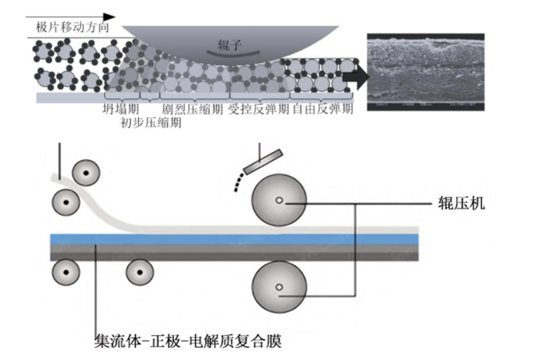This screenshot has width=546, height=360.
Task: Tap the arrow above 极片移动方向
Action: pyautogui.click(x=72, y=17)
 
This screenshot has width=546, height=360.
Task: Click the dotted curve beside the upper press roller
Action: pyautogui.click(x=240, y=179)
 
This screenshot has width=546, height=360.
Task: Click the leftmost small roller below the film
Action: pyautogui.click(x=65, y=272)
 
